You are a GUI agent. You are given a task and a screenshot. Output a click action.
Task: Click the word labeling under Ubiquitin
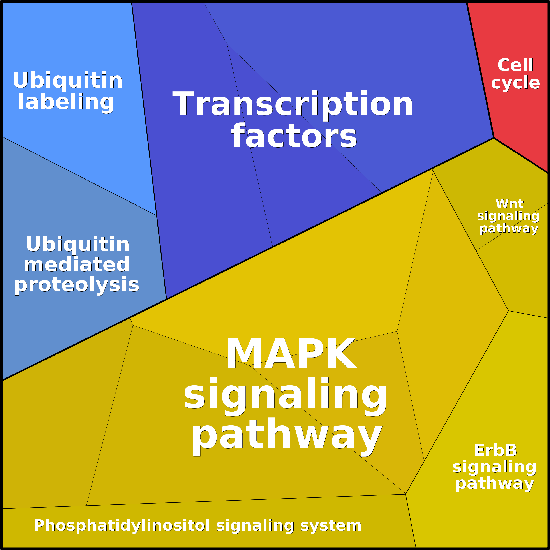click(x=66, y=102)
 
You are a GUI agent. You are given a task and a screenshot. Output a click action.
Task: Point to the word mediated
click(x=77, y=264)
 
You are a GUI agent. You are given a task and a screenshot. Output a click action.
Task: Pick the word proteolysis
click(x=77, y=285)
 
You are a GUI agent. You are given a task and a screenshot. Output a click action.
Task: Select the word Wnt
click(x=509, y=204)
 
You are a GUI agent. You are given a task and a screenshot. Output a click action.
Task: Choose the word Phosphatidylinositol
click(x=122, y=525)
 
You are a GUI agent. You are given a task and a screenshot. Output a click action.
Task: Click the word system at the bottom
click(x=331, y=525)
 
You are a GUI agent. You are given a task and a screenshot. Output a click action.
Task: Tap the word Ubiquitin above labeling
click(x=67, y=80)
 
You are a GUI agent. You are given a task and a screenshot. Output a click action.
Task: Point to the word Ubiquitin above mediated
click(x=78, y=244)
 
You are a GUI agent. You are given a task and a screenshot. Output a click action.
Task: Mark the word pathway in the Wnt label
click(x=509, y=228)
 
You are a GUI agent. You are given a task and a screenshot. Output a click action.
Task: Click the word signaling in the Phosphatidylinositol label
click(x=255, y=525)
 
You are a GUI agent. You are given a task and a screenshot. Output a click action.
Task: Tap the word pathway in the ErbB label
click(x=495, y=483)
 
